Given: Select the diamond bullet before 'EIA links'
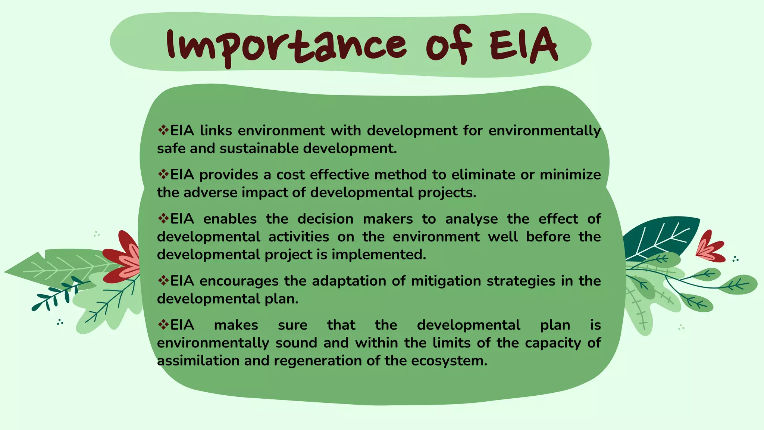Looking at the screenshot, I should [163, 130].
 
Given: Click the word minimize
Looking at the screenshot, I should [570, 175].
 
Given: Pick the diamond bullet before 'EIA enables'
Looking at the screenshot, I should [163, 218].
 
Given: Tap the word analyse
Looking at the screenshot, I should [471, 219].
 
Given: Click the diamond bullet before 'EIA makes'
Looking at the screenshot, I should [163, 324].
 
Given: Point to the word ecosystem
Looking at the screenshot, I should [449, 361].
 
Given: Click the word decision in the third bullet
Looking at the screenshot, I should [325, 219].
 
